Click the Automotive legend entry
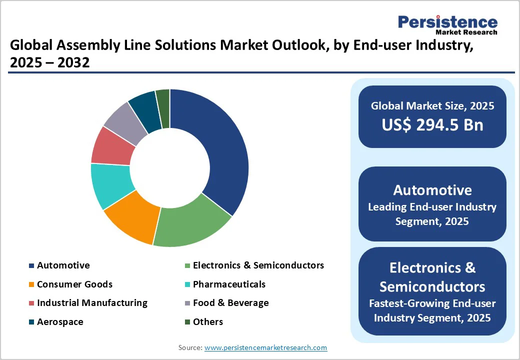tap(63, 265)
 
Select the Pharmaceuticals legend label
tap(229, 284)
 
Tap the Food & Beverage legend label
tap(230, 303)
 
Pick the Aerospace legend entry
tap(60, 322)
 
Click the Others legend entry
tap(207, 322)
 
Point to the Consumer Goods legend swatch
tap(32, 284)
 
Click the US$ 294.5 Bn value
tap(432, 124)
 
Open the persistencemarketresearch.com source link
tap(265, 347)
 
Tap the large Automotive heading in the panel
tap(432, 190)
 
